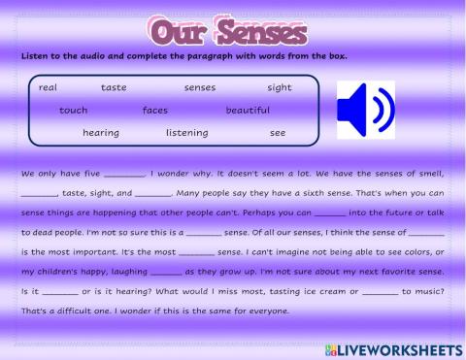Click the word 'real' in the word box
point(48,87)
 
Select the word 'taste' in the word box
point(114,87)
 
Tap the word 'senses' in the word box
point(199,87)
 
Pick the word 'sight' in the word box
point(279,87)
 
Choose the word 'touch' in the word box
point(73,110)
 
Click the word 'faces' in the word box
point(154,110)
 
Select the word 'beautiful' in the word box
point(248,110)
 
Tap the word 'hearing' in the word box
point(101,132)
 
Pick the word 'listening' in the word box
point(186,132)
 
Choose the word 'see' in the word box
point(278,132)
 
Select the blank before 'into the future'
point(330,213)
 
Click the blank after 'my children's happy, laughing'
point(167,271)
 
